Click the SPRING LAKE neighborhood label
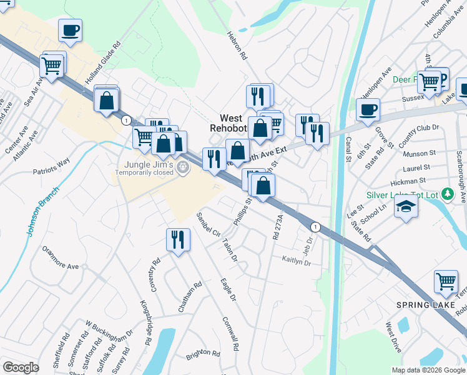pos(420,305)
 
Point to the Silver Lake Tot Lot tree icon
pos(446,194)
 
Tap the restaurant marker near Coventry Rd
pos(178,239)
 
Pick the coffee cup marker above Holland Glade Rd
pos(71,29)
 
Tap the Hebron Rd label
pos(238,46)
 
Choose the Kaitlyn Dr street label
pos(296,261)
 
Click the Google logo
pos(21,367)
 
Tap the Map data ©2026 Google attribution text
pos(428,370)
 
